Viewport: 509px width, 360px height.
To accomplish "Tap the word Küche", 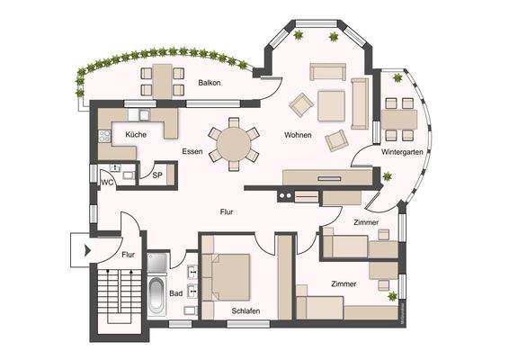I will (137, 134).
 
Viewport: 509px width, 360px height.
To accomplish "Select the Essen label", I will (192, 151).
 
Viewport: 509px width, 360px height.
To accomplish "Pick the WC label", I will (107, 182).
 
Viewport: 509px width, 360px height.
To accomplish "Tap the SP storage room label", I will (156, 175).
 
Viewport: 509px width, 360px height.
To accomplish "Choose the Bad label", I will (176, 293).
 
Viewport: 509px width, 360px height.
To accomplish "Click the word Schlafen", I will (246, 310).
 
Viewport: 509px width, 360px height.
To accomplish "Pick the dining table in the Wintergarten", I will (399, 119).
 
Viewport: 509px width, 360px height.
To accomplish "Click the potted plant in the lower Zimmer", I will (391, 296).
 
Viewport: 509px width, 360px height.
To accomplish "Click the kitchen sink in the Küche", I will (141, 115).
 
